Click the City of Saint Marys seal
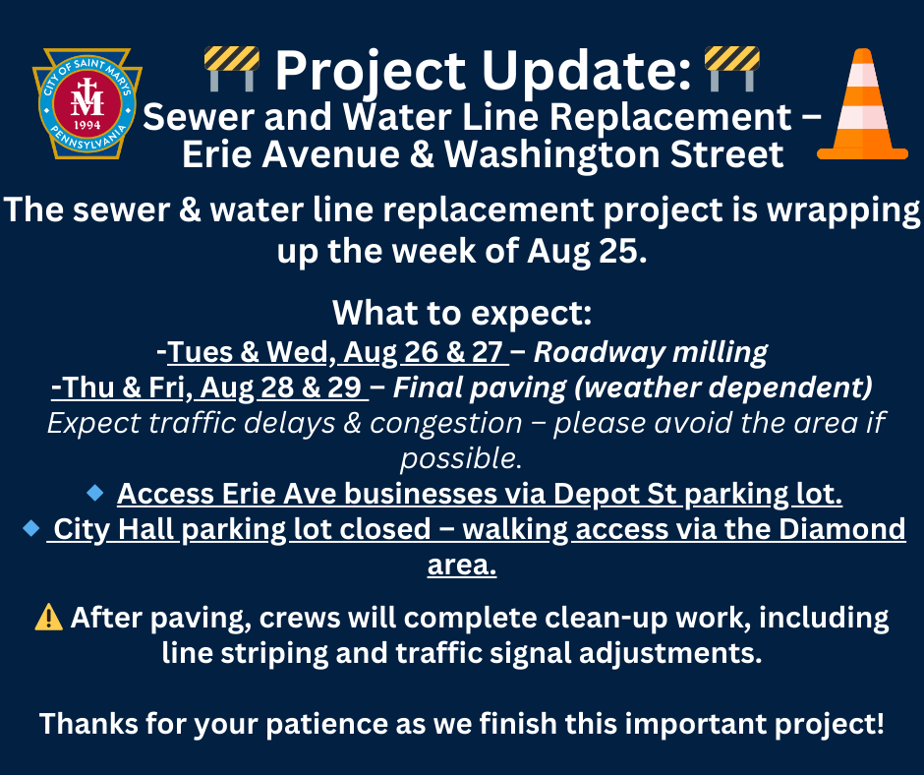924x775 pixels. tap(87, 103)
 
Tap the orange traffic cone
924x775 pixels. tap(862, 104)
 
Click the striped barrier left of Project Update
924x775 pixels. tap(232, 69)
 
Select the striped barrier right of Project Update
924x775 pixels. tap(732, 69)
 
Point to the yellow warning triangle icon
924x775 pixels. tap(49, 618)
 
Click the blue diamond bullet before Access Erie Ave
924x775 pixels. tap(95, 493)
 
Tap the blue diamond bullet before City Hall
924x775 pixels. tap(31, 528)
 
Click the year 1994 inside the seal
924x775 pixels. tap(87, 125)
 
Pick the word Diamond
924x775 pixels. tap(842, 528)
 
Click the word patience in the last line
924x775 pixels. tap(326, 724)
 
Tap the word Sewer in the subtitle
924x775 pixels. tap(198, 117)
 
